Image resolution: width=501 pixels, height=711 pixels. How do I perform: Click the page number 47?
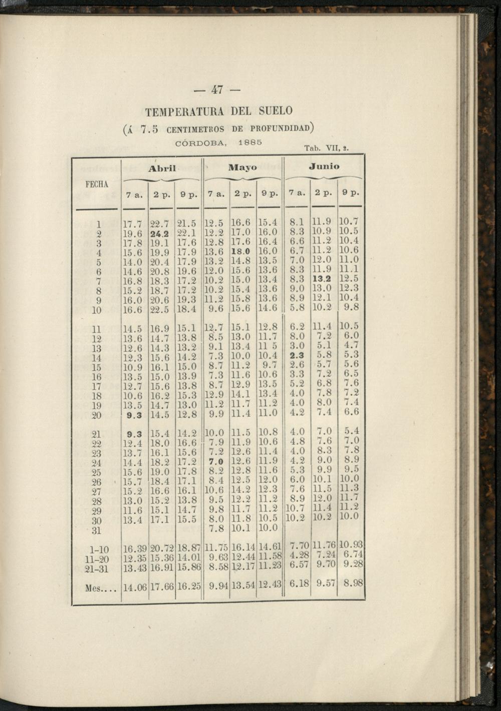[x=217, y=90]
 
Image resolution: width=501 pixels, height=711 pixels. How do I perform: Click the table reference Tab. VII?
[x=326, y=148]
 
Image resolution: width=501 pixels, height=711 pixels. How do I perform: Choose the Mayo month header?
[x=242, y=167]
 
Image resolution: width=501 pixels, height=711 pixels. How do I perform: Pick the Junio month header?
[x=324, y=166]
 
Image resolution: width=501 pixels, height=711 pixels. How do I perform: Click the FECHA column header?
[x=97, y=184]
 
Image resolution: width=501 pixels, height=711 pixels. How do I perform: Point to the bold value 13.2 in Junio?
[x=322, y=279]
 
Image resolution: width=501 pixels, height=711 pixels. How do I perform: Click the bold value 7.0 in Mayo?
[x=216, y=461]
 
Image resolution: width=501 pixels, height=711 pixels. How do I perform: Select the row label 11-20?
[x=97, y=559]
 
